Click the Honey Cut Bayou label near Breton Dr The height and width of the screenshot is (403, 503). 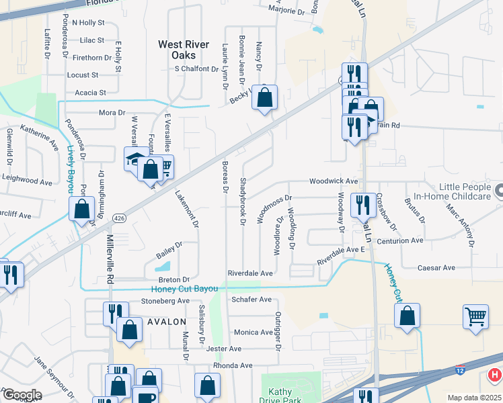(184, 289)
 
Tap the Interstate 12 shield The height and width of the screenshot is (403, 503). (461, 370)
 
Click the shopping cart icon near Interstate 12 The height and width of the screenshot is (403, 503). (476, 316)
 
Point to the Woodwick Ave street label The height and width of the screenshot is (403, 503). (333, 181)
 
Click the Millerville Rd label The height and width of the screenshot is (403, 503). (110, 259)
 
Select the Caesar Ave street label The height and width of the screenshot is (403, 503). (436, 267)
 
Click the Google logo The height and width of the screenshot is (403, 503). (22, 395)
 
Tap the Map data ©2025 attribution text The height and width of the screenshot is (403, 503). (473, 398)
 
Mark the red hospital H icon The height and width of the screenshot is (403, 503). (494, 374)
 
